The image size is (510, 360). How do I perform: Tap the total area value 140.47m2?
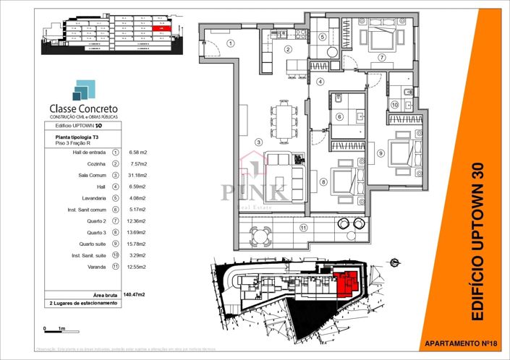(x=133, y=294)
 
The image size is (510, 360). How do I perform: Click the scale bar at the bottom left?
(x=54, y=329)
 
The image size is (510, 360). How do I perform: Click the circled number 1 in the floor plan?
(x=231, y=43)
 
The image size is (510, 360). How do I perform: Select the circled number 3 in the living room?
(x=259, y=142)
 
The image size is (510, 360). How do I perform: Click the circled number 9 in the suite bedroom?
(x=380, y=153)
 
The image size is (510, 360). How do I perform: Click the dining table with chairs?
(x=285, y=121)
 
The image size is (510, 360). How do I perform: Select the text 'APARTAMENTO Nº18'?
(x=459, y=342)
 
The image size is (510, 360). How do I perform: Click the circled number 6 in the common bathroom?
(x=339, y=116)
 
